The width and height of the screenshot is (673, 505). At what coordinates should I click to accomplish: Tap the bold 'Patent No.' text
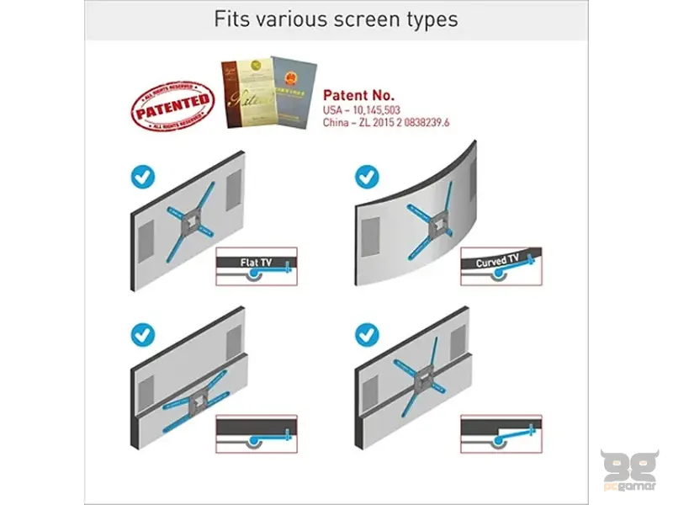click(x=359, y=95)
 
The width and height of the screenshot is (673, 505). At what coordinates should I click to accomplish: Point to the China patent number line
click(x=386, y=123)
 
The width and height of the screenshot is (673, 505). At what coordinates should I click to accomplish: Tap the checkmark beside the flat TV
click(x=142, y=178)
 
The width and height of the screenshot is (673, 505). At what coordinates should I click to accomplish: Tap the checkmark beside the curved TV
click(x=367, y=177)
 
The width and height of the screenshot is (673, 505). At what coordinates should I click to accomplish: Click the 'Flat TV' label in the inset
click(x=256, y=263)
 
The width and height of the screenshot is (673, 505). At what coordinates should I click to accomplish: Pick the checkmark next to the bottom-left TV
click(x=142, y=334)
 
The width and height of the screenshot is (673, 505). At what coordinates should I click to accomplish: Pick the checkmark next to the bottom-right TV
click(x=367, y=334)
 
